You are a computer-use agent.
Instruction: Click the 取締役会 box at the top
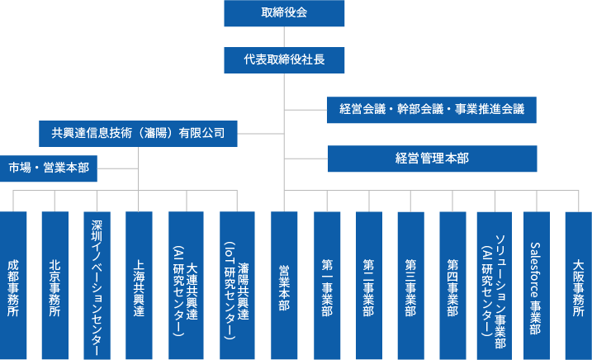(284, 12)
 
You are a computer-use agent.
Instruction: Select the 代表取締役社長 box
(284, 59)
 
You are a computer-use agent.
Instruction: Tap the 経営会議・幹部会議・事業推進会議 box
(432, 109)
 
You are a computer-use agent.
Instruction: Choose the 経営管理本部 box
(432, 159)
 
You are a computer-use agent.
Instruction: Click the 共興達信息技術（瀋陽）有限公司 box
(138, 133)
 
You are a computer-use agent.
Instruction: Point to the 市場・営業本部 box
(49, 168)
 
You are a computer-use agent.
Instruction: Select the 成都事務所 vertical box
(13, 285)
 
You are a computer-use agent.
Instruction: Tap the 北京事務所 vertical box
(54, 285)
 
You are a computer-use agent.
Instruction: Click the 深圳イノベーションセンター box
(97, 285)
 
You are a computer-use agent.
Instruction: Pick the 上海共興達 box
(139, 285)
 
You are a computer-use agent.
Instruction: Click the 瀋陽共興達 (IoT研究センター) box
(237, 285)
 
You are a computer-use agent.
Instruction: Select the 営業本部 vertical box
(284, 285)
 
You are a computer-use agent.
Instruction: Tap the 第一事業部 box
(327, 285)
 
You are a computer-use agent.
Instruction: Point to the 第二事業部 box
(369, 285)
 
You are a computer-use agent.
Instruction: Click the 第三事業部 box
(410, 285)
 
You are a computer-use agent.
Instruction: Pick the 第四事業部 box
(452, 285)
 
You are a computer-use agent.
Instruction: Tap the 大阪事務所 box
(578, 285)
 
